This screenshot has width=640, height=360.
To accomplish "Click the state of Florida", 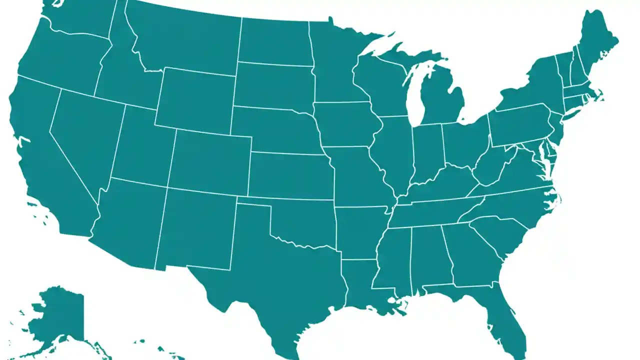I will click(x=505, y=310).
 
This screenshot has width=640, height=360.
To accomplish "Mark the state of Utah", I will click(x=142, y=147).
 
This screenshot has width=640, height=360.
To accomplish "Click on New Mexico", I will click(x=197, y=227).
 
